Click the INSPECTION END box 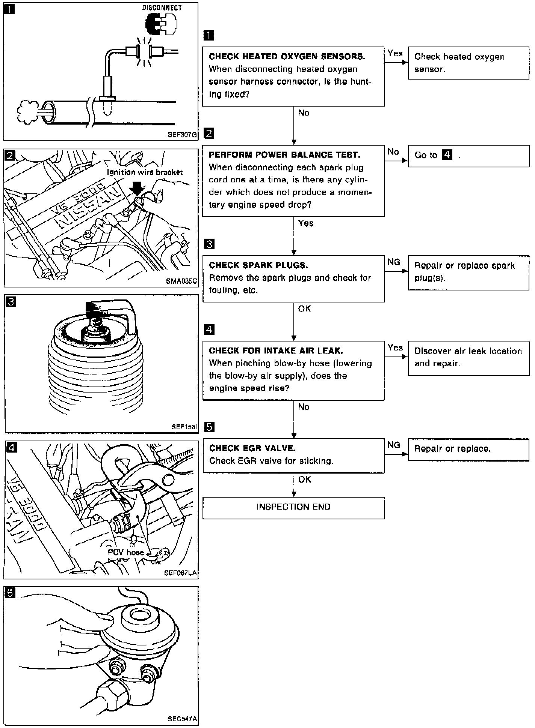[293, 507]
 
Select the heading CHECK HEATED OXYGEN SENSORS [287, 57]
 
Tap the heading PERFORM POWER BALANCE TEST [284, 155]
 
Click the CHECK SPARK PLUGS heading [258, 265]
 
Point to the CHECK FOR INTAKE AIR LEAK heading [276, 351]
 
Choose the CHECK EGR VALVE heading [252, 448]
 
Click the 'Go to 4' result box [468, 156]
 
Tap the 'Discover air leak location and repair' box [468, 357]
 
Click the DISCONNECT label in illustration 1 [162, 8]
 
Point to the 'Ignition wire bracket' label [145, 172]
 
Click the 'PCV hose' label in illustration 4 [126, 553]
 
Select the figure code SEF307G [182, 135]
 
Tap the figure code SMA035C [181, 281]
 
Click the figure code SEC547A [182, 719]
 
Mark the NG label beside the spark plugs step [394, 262]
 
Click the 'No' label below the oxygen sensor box [304, 113]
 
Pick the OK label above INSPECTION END [304, 480]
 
